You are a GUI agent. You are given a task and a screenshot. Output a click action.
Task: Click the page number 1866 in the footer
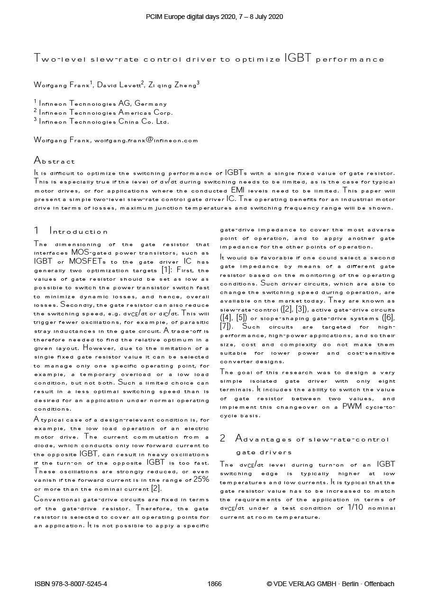[x=214, y=584]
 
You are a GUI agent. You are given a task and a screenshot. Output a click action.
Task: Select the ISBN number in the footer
[x=71, y=584]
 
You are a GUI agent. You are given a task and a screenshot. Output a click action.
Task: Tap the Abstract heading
[x=54, y=161]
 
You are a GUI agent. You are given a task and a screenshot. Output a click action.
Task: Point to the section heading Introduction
[x=79, y=231]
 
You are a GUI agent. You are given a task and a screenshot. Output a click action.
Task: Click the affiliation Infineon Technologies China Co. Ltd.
[x=103, y=122]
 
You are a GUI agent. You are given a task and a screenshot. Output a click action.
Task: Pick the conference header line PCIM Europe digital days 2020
[x=214, y=17]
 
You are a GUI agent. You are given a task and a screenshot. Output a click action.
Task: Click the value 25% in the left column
[x=201, y=479]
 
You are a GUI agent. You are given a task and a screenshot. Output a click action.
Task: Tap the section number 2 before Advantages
[x=223, y=439]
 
